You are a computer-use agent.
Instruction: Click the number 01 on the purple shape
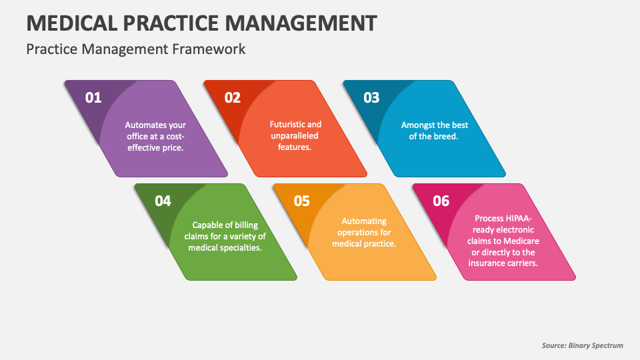(x=93, y=97)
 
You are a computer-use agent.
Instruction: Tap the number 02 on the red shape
(x=232, y=97)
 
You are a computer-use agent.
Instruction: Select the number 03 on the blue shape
(x=371, y=97)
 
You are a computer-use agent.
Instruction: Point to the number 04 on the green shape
(x=163, y=201)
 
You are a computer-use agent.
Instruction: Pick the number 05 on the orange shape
(x=302, y=201)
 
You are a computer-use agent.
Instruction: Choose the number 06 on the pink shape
(x=441, y=201)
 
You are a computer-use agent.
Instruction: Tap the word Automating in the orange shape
(x=364, y=221)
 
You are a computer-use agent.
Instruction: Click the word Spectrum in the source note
(x=606, y=345)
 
